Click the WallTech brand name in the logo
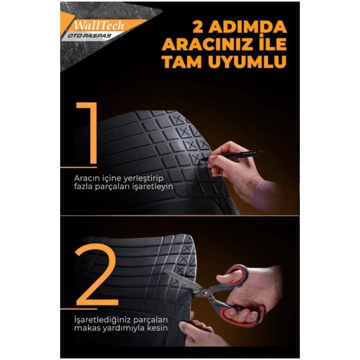point(99,26)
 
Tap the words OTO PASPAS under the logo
point(89,36)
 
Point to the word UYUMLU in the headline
point(247,62)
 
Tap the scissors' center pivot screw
point(204,292)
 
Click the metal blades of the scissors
point(184,281)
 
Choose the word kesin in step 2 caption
point(157,328)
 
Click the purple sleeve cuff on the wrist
point(262,195)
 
